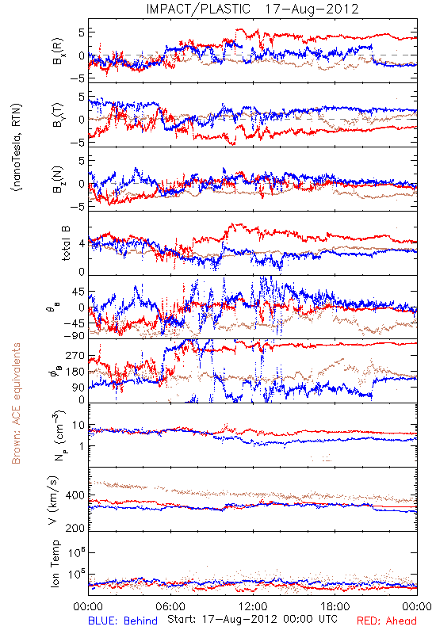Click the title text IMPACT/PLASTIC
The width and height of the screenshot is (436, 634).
tap(198, 9)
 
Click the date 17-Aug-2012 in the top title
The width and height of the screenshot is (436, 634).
tap(312, 9)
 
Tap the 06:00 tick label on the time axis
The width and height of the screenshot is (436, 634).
tap(170, 606)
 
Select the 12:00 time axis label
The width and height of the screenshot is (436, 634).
tap(253, 606)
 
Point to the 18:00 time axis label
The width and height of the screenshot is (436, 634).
tap(335, 606)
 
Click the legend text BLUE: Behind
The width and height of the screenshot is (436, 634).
tap(123, 621)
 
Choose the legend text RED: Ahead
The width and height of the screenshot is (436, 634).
tap(386, 621)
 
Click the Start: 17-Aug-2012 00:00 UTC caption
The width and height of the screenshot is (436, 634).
tap(252, 619)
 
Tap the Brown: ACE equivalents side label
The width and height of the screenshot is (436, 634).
tap(16, 403)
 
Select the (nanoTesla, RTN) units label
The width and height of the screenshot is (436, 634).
tap(17, 147)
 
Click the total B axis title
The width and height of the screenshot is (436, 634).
tap(66, 243)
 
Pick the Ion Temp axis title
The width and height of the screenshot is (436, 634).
tap(55, 563)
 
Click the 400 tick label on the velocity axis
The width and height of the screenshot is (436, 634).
tap(75, 495)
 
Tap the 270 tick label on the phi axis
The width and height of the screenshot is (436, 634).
tap(75, 356)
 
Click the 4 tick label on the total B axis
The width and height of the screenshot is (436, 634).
tap(82, 244)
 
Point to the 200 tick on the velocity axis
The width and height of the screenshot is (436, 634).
tap(75, 527)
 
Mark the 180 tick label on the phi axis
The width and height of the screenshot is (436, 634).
tap(75, 372)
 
